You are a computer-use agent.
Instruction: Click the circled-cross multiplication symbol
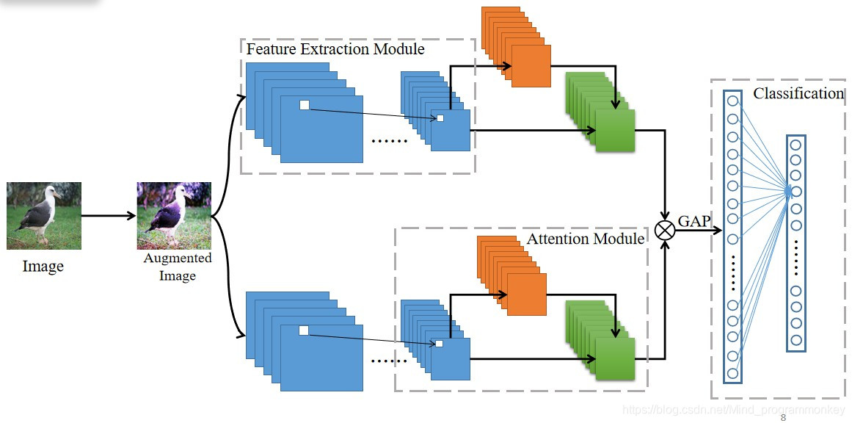(665, 230)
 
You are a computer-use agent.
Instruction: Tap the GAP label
(694, 220)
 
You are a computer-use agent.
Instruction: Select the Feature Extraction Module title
(335, 49)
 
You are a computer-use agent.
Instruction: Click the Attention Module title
(585, 239)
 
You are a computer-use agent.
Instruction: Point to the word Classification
(798, 93)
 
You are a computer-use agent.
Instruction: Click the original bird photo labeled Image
(44, 216)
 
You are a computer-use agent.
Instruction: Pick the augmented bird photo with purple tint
(174, 216)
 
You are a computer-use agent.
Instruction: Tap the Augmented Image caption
(178, 267)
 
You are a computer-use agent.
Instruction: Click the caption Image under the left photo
(43, 266)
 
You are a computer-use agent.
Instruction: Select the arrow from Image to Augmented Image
(109, 216)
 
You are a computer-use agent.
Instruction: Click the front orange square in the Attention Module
(527, 294)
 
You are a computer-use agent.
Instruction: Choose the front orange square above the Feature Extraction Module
(531, 66)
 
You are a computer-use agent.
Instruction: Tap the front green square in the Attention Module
(614, 359)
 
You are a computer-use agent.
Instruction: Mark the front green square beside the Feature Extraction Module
(614, 131)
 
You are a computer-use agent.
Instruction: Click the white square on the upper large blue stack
(305, 105)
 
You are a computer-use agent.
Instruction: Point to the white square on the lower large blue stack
(304, 330)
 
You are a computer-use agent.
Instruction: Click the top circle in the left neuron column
(732, 102)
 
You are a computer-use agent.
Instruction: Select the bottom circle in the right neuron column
(796, 339)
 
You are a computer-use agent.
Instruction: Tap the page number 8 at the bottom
(783, 418)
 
